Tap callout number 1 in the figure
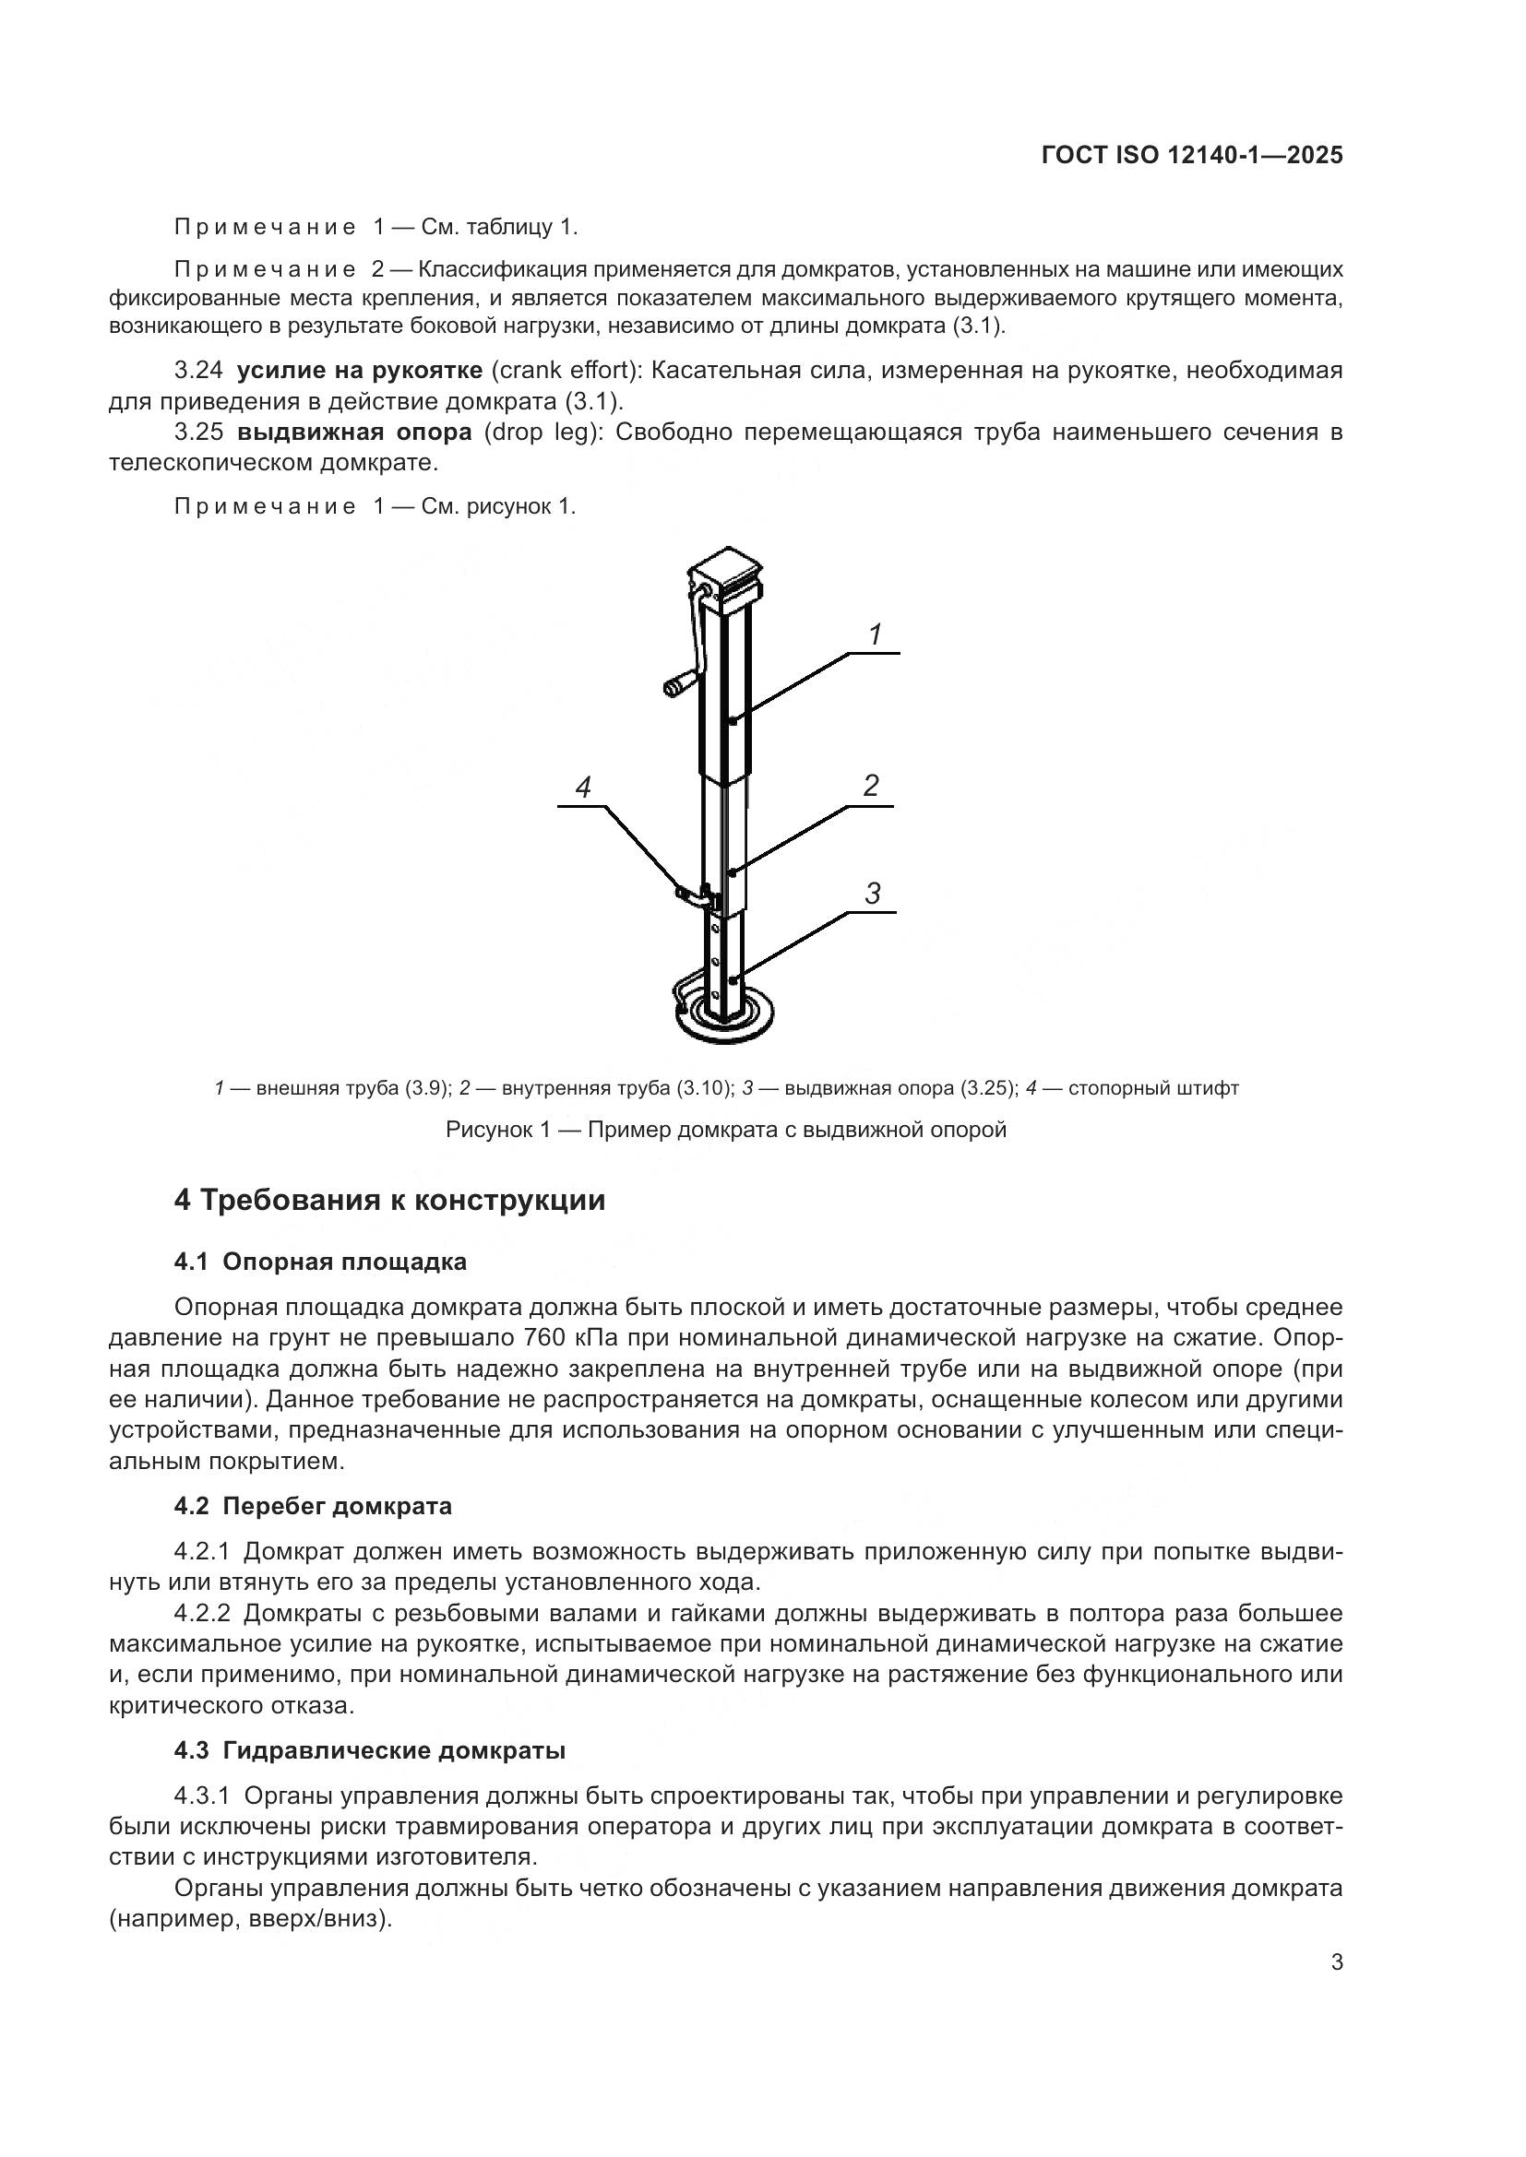tap(875, 635)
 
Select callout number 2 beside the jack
tap(871, 786)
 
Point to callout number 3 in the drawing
tap(873, 894)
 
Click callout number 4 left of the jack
tap(583, 788)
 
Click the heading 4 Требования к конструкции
tap(390, 1201)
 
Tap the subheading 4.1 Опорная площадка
tap(320, 1262)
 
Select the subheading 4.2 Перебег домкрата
tap(313, 1506)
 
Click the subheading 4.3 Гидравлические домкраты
tap(369, 1751)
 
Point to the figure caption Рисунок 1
tap(725, 1130)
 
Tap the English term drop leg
tap(541, 433)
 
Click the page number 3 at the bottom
tap(1336, 1962)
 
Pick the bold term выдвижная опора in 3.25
tap(354, 433)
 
